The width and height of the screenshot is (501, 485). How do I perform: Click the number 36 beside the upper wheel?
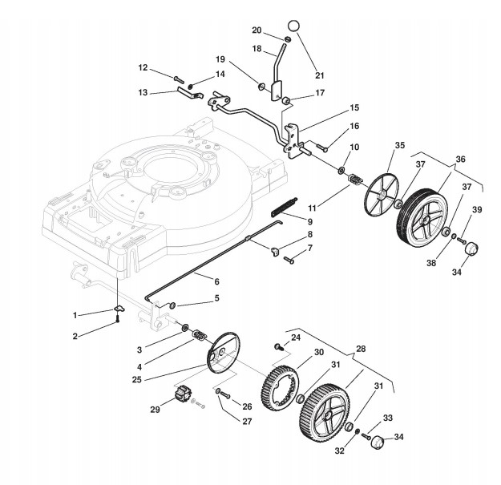(x=459, y=159)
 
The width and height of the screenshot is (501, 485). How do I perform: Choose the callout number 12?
(x=143, y=67)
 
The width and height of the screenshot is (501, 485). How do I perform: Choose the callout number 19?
(x=242, y=60)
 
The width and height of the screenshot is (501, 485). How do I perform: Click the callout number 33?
(x=387, y=418)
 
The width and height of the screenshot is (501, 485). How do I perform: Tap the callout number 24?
(x=295, y=337)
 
